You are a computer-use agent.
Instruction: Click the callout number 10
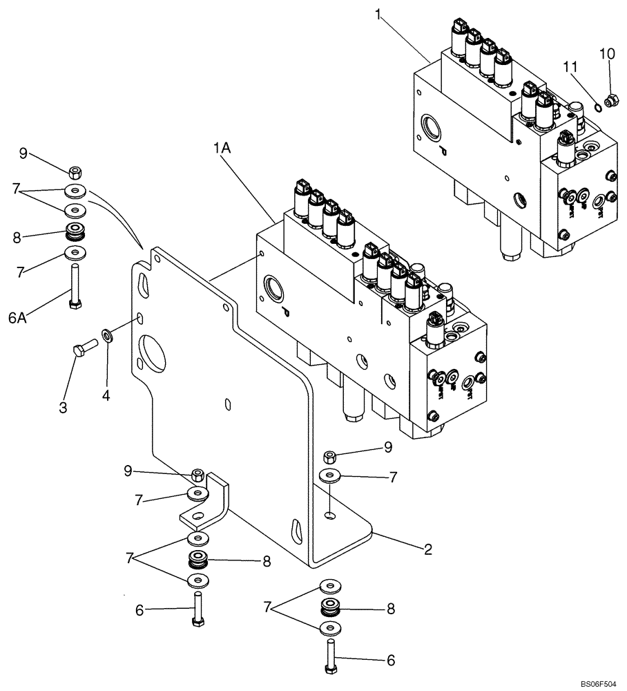click(606, 53)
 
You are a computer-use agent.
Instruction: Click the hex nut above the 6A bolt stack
click(76, 171)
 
